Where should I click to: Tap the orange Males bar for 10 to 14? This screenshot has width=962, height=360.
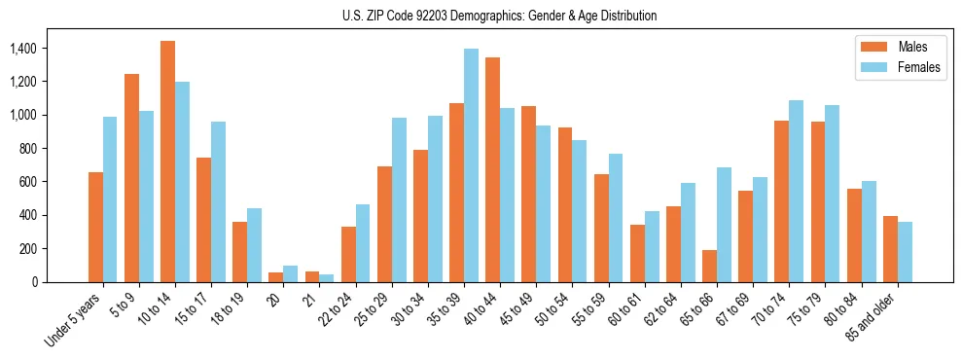pyautogui.click(x=167, y=162)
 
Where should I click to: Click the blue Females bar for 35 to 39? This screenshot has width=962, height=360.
pyautogui.click(x=471, y=165)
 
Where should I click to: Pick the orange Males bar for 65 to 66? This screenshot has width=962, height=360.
pyautogui.click(x=709, y=266)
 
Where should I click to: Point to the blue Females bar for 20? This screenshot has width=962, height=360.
pyautogui.click(x=290, y=273)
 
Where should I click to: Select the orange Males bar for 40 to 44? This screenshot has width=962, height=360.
pyautogui.click(x=492, y=169)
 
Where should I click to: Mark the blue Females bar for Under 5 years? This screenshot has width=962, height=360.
pyautogui.click(x=110, y=199)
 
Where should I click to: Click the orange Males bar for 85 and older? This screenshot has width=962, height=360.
pyautogui.click(x=890, y=249)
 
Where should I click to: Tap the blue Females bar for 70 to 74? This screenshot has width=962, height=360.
pyautogui.click(x=796, y=191)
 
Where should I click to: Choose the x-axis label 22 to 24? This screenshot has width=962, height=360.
pyautogui.click(x=343, y=309)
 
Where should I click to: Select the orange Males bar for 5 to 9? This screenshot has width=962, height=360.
pyautogui.click(x=131, y=178)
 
